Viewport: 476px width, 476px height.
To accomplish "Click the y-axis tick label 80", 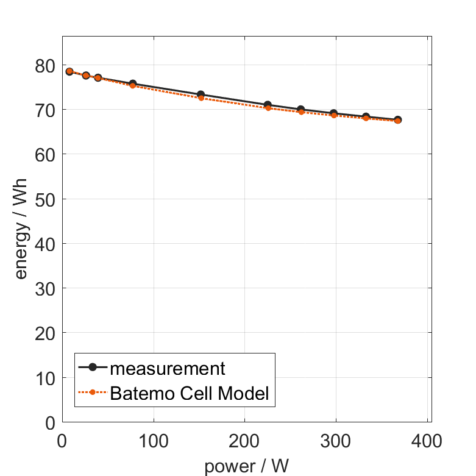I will [x=44, y=65].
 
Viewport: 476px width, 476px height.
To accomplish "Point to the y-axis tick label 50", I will [x=44, y=199].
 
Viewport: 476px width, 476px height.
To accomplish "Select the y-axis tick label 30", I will [x=44, y=288].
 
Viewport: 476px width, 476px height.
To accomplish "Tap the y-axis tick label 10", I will [x=44, y=378].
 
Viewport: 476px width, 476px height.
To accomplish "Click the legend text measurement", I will [x=168, y=368].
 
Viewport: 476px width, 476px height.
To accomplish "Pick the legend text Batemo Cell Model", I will [x=190, y=393].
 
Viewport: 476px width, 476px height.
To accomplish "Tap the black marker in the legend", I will [x=93, y=367].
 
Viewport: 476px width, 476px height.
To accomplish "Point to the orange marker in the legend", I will [x=93, y=392].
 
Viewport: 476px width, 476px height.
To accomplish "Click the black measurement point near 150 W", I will [x=201, y=94].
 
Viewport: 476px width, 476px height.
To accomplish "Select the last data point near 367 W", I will [x=398, y=120].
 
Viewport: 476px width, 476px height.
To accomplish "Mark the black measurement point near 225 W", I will [x=268, y=105].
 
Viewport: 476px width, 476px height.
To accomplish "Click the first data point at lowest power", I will [x=69, y=71].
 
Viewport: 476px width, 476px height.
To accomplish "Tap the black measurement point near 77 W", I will [x=132, y=83].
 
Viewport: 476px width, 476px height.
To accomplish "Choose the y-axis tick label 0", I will [x=51, y=422].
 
